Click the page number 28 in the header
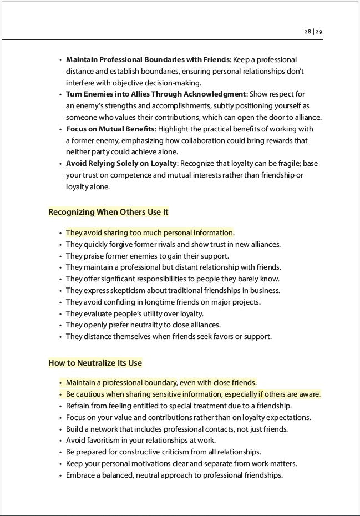coord(307,32)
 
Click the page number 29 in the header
coord(319,32)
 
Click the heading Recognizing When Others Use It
coord(108,212)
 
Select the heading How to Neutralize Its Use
coord(95,363)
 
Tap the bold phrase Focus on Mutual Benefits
coord(110,129)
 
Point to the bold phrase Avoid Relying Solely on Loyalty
coord(121,164)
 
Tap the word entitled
coord(143,406)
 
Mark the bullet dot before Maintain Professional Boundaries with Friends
coord(60,60)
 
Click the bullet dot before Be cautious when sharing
coord(60,394)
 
